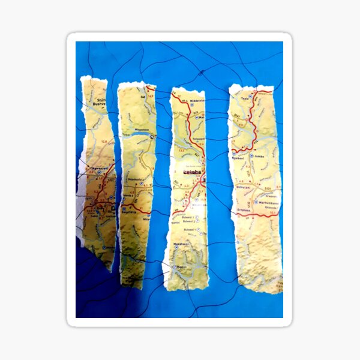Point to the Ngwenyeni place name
[x=95, y=168]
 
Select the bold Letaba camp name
[x=191, y=172]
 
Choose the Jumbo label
[x=259, y=155]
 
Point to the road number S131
[x=267, y=188]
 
